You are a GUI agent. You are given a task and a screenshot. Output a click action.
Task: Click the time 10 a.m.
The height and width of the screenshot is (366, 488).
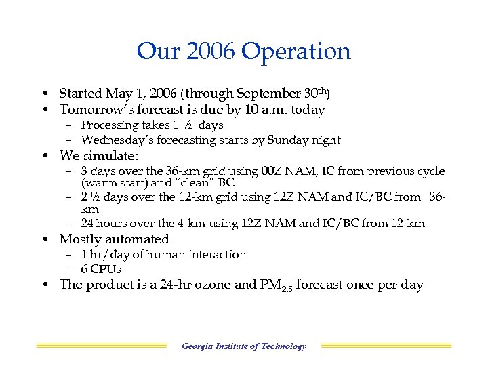274,110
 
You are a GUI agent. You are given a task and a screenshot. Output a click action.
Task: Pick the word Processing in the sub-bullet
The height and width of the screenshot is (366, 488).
109,125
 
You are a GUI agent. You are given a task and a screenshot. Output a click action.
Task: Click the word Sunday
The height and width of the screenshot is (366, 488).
293,140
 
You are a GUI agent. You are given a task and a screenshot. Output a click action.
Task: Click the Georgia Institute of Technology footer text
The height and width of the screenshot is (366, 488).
244,346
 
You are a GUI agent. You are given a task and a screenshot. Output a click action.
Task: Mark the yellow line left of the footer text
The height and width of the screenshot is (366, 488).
101,346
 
